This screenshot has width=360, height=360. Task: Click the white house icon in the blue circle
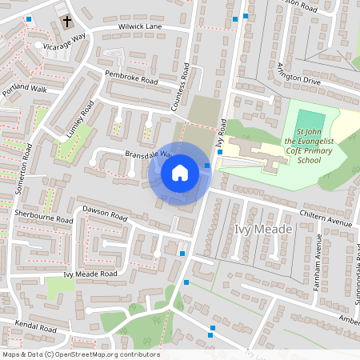point(180,173)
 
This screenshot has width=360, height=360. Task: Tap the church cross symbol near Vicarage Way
point(66,22)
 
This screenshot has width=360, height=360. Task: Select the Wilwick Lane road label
point(140,27)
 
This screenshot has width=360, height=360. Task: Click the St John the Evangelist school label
point(309,146)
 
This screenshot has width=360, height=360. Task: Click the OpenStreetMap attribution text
point(81,354)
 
